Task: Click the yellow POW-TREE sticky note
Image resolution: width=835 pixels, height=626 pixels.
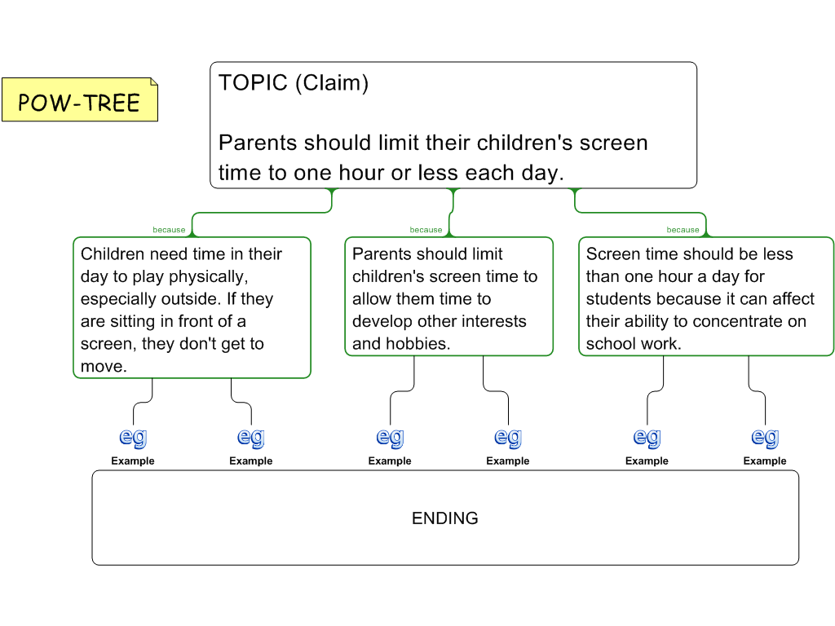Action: pos(80,99)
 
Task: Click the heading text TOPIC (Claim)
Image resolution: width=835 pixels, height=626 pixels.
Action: pos(294,83)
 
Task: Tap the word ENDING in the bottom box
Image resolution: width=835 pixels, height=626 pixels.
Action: pos(444,518)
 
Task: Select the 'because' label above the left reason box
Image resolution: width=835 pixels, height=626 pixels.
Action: pos(169,230)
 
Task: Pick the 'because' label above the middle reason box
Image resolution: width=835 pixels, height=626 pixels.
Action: pos(426,230)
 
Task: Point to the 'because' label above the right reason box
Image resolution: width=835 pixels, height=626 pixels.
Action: pos(683,230)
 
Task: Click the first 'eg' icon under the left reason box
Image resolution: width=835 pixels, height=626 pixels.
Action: pos(133,438)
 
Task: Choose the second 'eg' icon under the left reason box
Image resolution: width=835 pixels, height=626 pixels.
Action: pos(251,438)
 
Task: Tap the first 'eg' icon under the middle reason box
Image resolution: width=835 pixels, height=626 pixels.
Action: pos(390,438)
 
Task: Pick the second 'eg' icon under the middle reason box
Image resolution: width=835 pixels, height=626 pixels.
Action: pos(508,438)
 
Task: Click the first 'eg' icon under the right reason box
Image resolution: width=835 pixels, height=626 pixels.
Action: pos(647,438)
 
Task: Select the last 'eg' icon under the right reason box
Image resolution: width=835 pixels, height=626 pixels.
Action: pos(765,438)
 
